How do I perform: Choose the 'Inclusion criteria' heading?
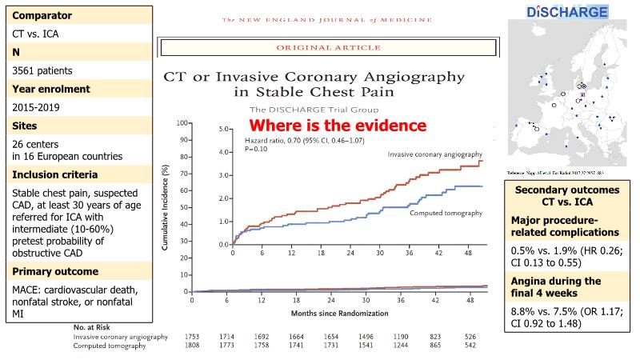coord(54,174)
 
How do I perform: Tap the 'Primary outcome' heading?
coord(54,270)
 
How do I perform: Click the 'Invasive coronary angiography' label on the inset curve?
coord(437,154)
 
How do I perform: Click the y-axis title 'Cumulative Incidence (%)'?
coord(166,208)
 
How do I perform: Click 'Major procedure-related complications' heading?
coord(567,227)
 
